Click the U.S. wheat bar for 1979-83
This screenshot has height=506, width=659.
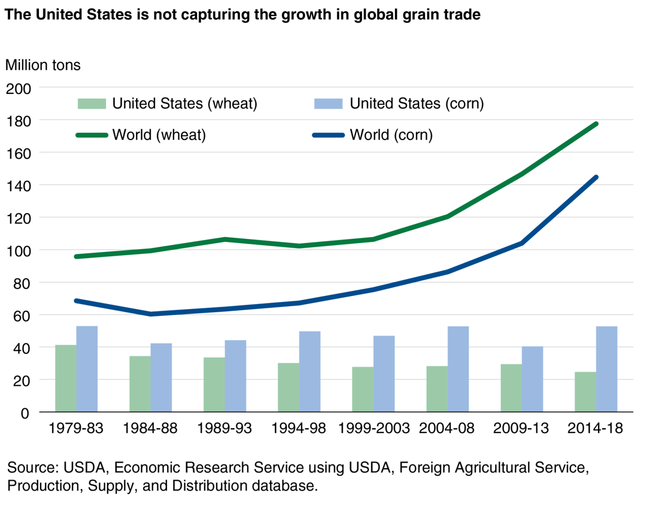pos(66,379)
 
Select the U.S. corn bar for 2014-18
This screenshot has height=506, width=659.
pos(607,369)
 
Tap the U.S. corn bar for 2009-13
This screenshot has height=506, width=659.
pos(532,379)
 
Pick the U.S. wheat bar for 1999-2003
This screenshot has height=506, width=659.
pos(362,390)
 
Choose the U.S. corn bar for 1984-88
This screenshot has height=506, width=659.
pos(161,378)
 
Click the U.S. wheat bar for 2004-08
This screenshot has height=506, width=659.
pos(437,389)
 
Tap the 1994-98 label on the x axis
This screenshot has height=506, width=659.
pos(299,428)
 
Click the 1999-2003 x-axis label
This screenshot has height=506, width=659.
pos(373,428)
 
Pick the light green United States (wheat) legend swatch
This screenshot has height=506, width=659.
pos(91,104)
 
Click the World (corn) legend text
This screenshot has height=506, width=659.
pos(391,134)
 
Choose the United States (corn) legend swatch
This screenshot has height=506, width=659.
pos(328,104)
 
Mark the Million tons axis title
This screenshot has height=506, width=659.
pos(43,65)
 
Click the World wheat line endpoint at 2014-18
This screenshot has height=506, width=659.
pos(596,124)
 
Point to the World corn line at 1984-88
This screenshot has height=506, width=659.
pos(150,314)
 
